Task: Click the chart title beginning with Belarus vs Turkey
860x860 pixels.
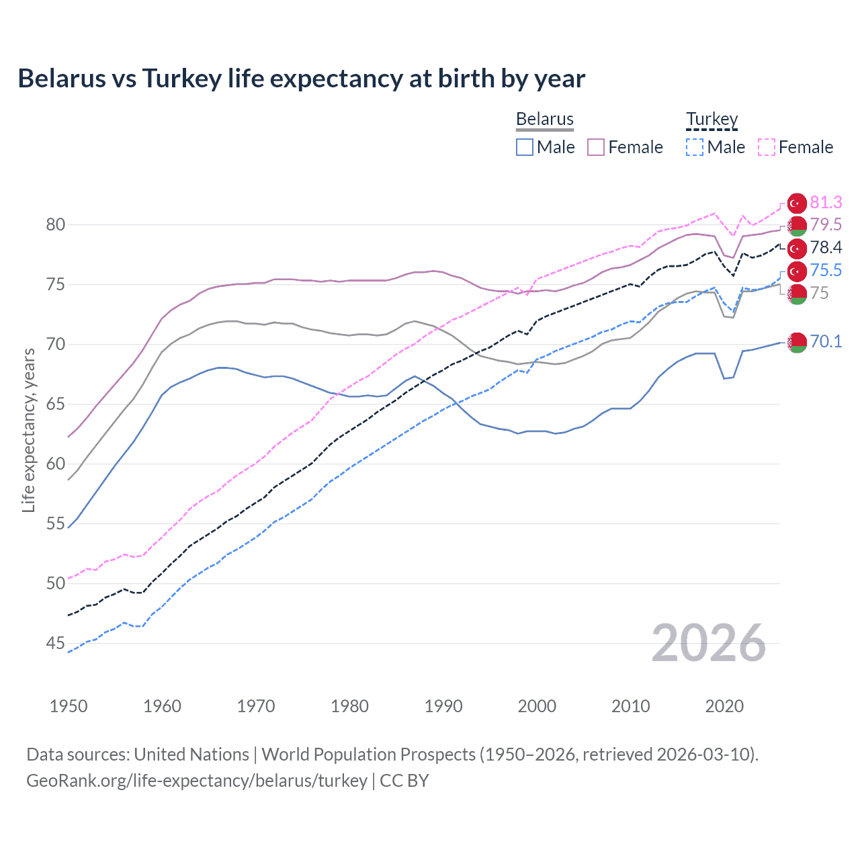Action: pos(301,79)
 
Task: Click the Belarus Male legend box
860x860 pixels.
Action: pos(525,147)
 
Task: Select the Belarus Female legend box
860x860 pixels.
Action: pos(596,147)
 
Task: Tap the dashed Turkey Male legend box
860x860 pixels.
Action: pos(695,147)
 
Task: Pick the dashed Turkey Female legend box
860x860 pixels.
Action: pos(767,147)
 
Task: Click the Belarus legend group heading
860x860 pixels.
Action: pos(545,119)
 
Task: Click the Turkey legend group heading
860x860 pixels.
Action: pos(712,119)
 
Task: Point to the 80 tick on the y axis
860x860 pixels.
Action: pos(56,225)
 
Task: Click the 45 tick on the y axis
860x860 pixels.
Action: pos(56,644)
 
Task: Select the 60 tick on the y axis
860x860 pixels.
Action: pos(56,464)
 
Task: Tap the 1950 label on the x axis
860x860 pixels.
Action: pos(69,706)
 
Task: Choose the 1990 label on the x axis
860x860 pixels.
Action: pos(443,706)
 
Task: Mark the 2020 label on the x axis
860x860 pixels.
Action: pos(724,706)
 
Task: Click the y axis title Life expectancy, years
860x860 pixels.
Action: pos(28,430)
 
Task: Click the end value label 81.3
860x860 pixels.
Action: pos(826,203)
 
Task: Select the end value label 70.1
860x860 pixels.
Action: pos(826,341)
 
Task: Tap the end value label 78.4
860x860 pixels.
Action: pos(826,248)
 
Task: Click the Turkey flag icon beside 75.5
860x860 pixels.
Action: pos(797,271)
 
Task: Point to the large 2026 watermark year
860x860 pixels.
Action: pos(709,644)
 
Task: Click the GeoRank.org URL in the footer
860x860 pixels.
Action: pos(196,781)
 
